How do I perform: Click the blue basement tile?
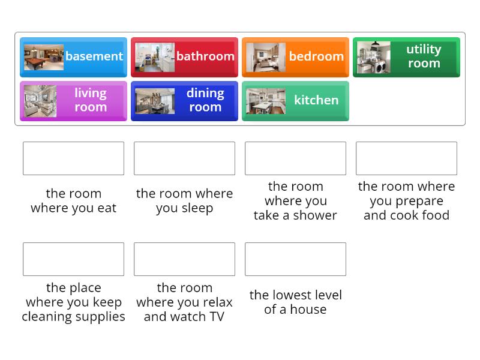(73, 57)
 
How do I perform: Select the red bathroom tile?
(184, 57)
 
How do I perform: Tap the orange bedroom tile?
(295, 57)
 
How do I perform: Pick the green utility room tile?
(406, 57)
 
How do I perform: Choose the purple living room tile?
(73, 101)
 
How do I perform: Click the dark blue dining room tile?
(184, 101)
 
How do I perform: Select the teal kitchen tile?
(295, 101)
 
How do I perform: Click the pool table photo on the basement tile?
(44, 57)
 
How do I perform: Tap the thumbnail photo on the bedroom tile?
(266, 57)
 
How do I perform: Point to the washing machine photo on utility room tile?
(374, 58)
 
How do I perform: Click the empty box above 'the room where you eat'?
(73, 158)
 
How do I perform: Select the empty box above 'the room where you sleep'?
(184, 158)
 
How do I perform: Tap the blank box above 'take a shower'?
(295, 158)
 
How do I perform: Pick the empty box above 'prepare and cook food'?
(406, 158)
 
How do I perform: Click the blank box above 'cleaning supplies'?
(73, 259)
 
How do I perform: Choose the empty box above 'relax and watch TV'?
(184, 259)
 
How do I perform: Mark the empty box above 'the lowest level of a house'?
(295, 259)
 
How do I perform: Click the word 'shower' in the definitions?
(315, 215)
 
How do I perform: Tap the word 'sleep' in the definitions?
(197, 208)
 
